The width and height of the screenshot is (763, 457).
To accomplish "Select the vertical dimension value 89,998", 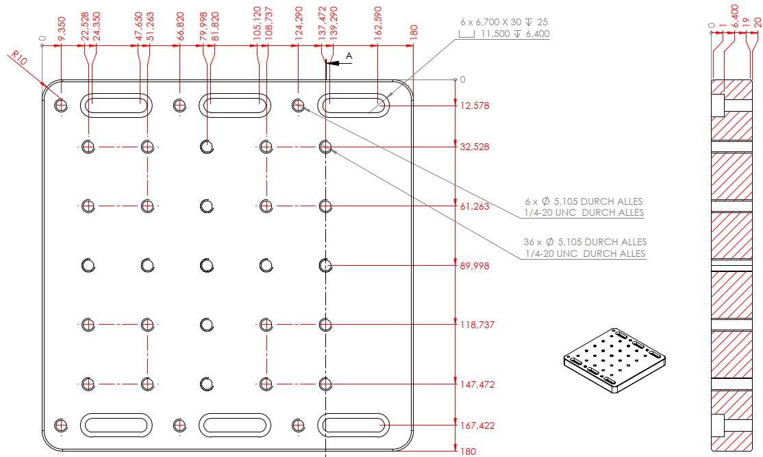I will point(475,266).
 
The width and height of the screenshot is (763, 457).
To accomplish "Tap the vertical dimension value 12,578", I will point(475,106).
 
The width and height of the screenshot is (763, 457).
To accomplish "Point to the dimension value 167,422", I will point(477,425).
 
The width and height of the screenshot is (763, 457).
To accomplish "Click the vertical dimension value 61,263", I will point(475,206).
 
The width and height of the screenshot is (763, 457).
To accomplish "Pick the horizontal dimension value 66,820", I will point(180,26).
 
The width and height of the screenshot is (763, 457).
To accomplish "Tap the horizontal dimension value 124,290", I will point(299,24).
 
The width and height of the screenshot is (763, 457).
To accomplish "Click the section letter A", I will point(349,55).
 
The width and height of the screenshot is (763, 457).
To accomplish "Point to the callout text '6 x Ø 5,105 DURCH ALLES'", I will point(584,201).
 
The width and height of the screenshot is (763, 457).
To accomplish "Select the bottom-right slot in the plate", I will point(353,425).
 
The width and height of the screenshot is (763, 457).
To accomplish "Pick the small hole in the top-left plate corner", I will point(62,105).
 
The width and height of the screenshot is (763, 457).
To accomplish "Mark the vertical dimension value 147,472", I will point(477,384).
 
